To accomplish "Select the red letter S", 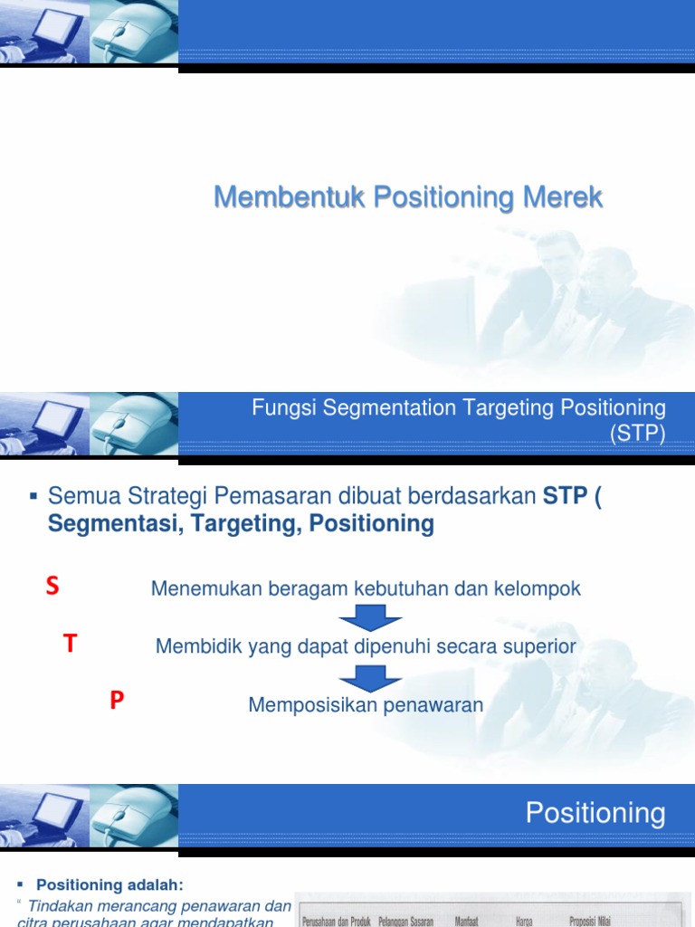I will click(52, 587).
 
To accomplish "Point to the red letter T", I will click(71, 644).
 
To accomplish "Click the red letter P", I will click(117, 701).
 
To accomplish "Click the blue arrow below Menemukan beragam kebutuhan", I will click(371, 619).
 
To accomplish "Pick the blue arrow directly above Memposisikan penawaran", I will click(371, 677).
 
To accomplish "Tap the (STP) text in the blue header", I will click(637, 434).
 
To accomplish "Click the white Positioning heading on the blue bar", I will click(595, 813).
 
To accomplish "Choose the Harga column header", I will click(524, 922).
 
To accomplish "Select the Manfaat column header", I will click(466, 922).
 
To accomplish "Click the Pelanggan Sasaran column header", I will click(406, 922).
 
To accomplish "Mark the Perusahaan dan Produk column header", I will click(338, 922).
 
